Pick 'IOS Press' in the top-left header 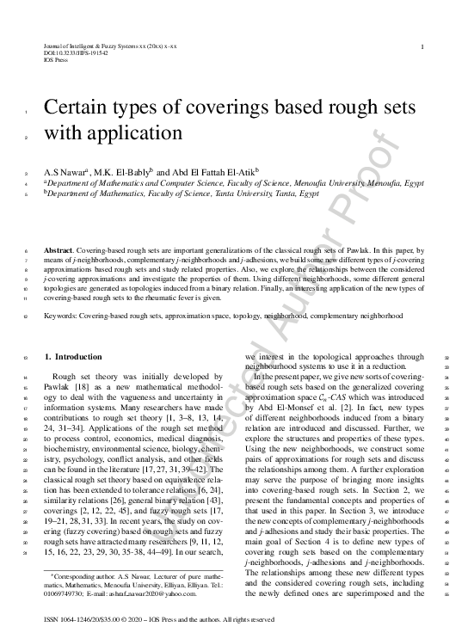pyautogui.click(x=54, y=60)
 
